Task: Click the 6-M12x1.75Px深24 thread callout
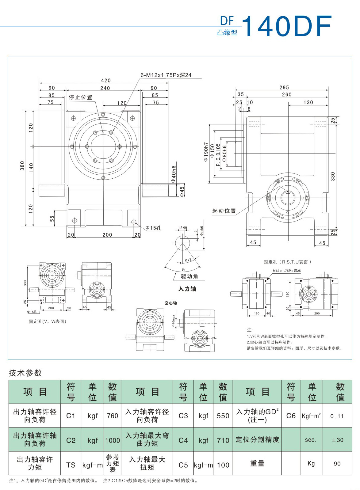166,75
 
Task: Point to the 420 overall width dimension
106,80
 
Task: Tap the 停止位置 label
80,97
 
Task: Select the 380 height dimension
22,166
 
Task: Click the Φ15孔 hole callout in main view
153,228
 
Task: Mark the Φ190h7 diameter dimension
206,152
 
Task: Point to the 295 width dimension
284,87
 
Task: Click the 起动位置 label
224,211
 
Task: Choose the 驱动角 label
190,276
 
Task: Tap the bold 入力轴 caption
187,289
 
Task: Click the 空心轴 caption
170,303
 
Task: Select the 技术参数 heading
25,373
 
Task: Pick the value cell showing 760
112,416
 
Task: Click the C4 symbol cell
183,440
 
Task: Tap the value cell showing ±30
337,440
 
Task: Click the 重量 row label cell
257,463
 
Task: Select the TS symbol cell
71,465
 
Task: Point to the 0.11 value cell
337,416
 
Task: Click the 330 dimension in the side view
333,176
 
